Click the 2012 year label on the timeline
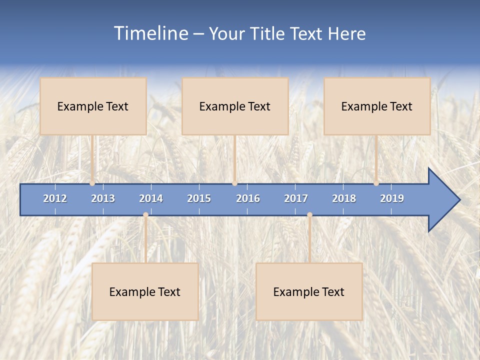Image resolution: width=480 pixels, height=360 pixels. point(55,198)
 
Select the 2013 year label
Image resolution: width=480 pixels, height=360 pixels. point(103,198)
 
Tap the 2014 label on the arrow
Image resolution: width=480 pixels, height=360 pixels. point(151,198)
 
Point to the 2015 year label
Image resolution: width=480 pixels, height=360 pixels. point(199,198)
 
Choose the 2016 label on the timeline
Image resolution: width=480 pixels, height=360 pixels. point(248,198)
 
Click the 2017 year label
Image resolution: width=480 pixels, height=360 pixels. point(296,198)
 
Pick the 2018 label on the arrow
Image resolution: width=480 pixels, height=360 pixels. point(344,198)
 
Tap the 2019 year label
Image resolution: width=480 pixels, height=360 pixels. point(392,198)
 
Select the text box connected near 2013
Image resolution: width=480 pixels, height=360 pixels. point(93,106)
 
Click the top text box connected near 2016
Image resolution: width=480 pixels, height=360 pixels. point(235,106)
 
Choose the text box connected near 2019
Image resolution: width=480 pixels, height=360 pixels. point(377,106)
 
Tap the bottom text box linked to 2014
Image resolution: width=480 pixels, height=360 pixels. point(145,291)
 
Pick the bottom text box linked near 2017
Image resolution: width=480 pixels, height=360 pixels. point(309,291)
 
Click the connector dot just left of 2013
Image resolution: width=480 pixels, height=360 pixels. point(92,183)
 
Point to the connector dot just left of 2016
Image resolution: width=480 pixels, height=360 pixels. point(234,183)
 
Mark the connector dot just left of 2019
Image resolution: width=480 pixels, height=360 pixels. point(376,183)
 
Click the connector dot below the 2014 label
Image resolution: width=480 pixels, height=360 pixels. point(145,215)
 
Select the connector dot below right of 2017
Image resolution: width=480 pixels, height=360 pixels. point(309,215)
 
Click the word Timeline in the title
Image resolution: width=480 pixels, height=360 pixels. point(150,33)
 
